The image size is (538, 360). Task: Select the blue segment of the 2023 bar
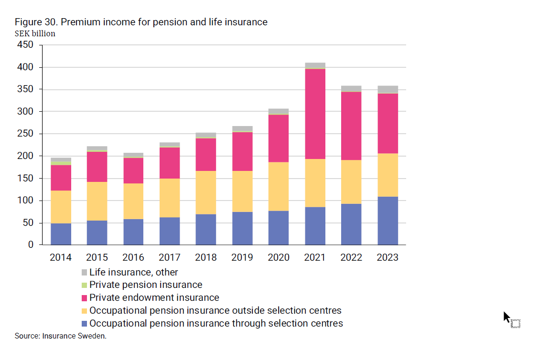(387, 221)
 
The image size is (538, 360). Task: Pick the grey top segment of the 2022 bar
(351, 89)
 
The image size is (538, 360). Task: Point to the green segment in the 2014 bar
(61, 163)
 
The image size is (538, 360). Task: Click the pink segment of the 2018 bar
(206, 155)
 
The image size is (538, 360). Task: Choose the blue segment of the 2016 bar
(133, 232)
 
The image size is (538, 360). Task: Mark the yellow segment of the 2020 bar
(279, 186)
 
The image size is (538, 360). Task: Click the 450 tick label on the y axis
(25, 45)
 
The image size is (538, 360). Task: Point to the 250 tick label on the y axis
(25, 134)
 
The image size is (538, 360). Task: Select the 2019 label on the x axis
(242, 258)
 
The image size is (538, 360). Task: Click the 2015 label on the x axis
(97, 258)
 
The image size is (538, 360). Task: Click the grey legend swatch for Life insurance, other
(84, 273)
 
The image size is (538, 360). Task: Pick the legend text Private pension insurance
(146, 285)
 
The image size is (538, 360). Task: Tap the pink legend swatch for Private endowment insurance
(84, 298)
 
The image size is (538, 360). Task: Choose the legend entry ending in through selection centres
(216, 324)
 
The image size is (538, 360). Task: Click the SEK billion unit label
(35, 33)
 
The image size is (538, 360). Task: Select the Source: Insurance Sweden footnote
(61, 336)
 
